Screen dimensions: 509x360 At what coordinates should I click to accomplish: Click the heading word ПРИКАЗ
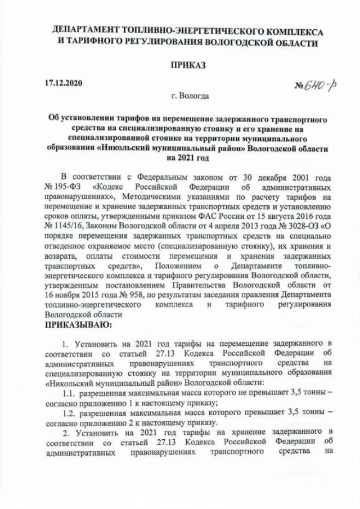[x=188, y=65]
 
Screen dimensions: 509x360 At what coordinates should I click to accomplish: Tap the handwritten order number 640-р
[x=316, y=85]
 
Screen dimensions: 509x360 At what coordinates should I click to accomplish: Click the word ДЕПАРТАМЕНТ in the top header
[x=91, y=31]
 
